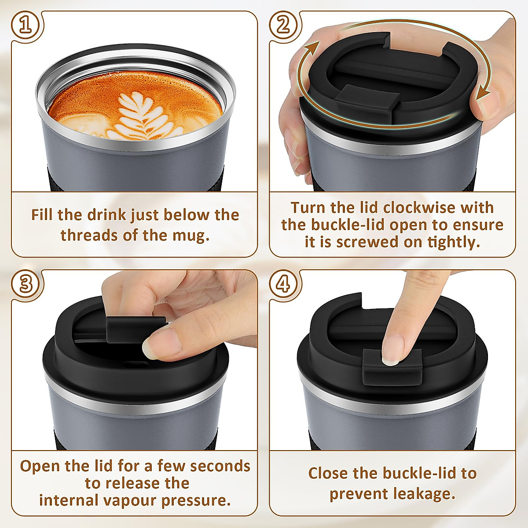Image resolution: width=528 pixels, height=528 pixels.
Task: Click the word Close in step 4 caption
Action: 328,473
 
